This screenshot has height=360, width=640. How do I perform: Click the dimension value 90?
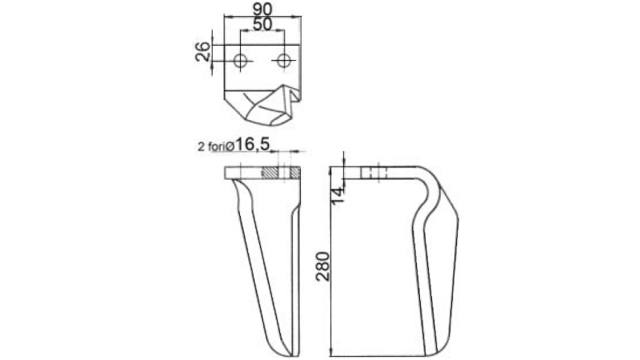click(262, 9)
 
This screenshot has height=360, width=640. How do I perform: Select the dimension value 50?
click(262, 24)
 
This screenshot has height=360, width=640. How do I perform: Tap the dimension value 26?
click(203, 52)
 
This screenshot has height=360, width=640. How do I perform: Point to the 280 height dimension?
click(323, 266)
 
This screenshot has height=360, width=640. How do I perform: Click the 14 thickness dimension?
click(338, 195)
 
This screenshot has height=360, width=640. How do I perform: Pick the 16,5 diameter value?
click(252, 144)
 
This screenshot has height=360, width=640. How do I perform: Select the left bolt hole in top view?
click(241, 62)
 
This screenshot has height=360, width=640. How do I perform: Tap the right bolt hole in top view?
click(284, 62)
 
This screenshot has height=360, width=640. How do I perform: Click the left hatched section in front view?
click(269, 173)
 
